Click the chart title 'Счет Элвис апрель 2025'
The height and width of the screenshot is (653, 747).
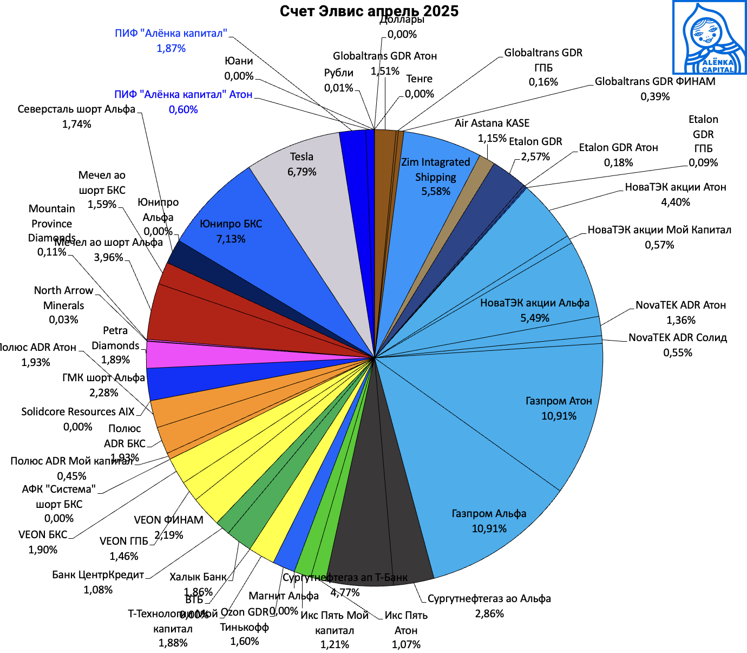tap(369, 11)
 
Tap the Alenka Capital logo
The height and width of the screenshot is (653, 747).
tap(709, 37)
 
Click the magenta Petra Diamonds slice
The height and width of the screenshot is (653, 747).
tap(162, 355)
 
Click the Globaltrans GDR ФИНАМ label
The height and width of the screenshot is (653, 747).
tap(655, 82)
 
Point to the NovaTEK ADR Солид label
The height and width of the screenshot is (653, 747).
tap(678, 338)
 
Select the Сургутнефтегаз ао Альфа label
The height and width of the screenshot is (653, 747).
tap(489, 599)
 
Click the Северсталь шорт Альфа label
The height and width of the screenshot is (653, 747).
tap(76, 109)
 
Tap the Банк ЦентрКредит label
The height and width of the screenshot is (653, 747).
tap(98, 575)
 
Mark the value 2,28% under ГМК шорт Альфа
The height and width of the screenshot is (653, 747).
tap(103, 393)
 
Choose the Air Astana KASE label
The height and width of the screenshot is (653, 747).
tap(492, 123)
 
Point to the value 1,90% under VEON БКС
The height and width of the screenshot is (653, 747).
tap(43, 550)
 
